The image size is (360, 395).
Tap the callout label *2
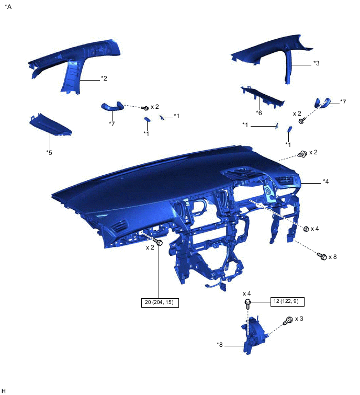coord(104,78)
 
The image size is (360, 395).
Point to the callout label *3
coord(317,63)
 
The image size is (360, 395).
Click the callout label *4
coord(326,182)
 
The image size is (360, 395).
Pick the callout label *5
coord(49,152)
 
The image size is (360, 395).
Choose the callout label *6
coord(259,113)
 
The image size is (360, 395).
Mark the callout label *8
coord(220,345)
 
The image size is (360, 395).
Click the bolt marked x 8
coord(322,256)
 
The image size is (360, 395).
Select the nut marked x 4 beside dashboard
coord(306,229)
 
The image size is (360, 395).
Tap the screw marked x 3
coord(287,320)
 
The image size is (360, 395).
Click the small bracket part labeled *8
coord(253,335)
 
